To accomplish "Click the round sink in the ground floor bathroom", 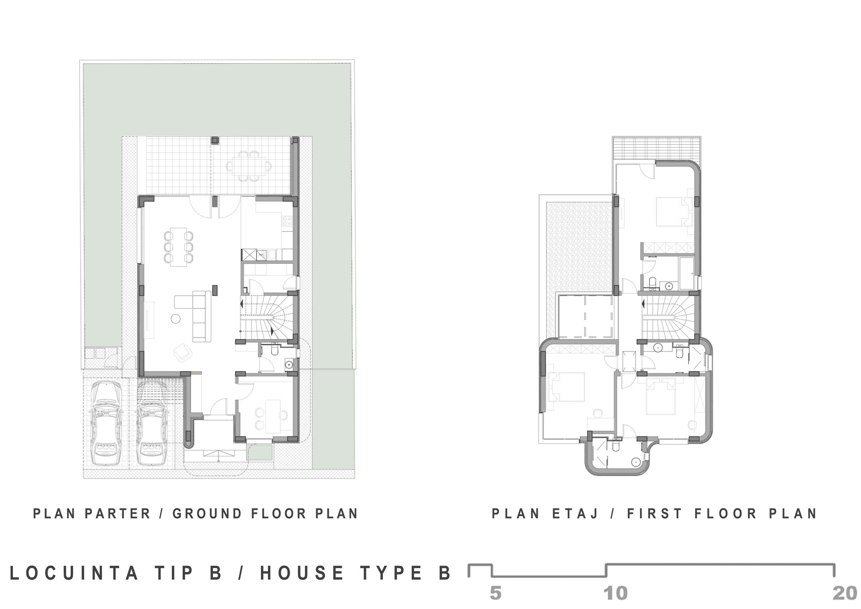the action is pos(289,364).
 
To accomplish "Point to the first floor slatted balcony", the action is pos(657,148).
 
